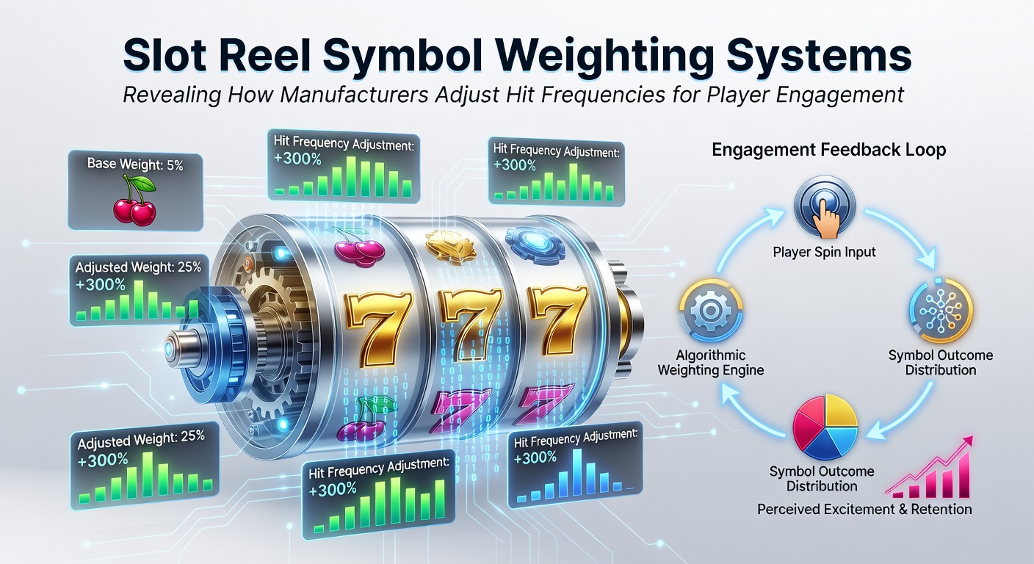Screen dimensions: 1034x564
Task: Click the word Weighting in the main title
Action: (602, 57)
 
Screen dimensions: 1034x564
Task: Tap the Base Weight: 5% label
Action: (135, 164)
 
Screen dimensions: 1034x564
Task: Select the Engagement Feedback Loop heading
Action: (828, 150)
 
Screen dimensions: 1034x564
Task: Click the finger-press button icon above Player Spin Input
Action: (825, 208)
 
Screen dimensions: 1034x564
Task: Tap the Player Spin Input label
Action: (824, 252)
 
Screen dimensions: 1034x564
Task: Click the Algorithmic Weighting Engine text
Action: (710, 362)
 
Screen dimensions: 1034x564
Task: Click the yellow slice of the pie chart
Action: (841, 412)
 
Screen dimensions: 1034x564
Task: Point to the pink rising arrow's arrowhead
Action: (966, 441)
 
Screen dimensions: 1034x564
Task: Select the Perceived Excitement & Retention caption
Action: (864, 509)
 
